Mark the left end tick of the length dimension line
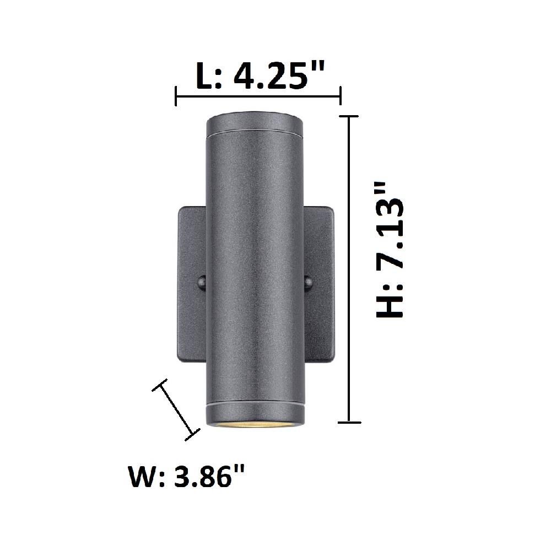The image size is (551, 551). [176, 96]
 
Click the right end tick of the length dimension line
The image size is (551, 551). [340, 96]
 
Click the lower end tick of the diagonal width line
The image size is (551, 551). [192, 435]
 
